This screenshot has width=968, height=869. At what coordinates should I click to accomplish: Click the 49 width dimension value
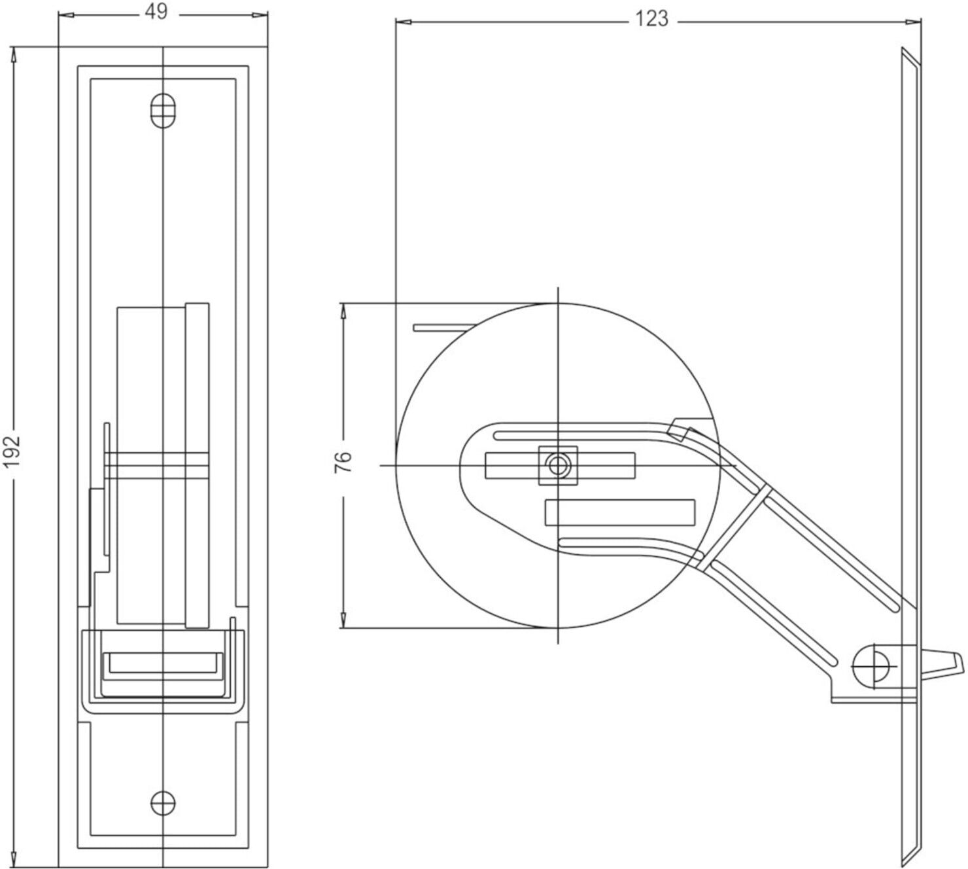pos(156,12)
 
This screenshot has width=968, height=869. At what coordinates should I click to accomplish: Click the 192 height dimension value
pos(12,452)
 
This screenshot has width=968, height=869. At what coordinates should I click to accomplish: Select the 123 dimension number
pos(651,19)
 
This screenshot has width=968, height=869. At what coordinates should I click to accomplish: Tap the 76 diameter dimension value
pos(343,462)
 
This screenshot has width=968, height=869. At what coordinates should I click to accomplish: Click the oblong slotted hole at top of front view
pos(163,111)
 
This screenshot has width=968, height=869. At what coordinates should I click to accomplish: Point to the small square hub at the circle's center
pos(557,465)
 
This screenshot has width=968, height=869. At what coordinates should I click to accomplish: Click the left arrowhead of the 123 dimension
pos(404,22)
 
